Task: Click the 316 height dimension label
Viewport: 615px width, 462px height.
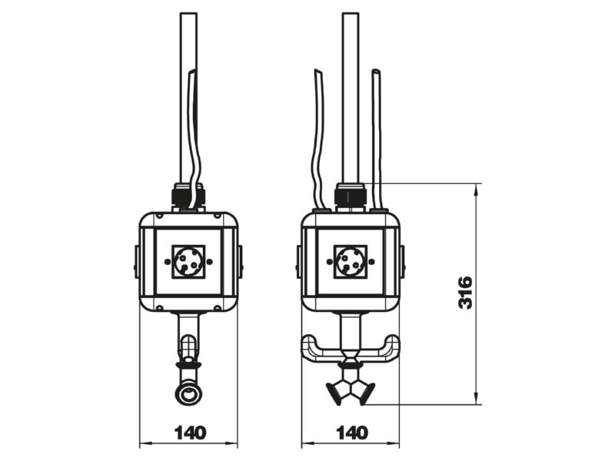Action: click(466, 293)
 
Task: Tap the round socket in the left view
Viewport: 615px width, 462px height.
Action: click(188, 261)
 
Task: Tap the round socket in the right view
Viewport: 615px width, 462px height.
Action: click(351, 261)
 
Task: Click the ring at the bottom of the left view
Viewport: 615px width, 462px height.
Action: click(189, 393)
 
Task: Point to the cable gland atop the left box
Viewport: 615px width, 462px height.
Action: click(188, 195)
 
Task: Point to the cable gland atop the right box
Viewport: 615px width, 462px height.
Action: click(351, 195)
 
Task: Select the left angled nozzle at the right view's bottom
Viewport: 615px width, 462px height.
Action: click(336, 393)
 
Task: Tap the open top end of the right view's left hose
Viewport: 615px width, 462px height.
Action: click(318, 72)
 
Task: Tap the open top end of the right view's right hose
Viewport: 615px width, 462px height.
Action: click(376, 72)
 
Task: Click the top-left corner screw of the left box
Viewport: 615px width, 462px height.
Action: click(159, 216)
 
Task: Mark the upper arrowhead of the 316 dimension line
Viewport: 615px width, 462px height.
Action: click(476, 189)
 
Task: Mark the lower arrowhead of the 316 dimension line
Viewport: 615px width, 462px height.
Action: click(476, 398)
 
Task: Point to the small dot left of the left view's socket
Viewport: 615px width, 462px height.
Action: click(168, 261)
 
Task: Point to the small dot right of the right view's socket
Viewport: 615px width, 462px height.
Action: click(372, 261)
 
